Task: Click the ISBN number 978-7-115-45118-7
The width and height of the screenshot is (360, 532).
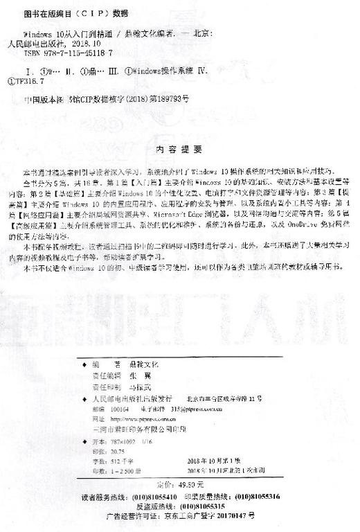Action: pyautogui.click(x=68, y=52)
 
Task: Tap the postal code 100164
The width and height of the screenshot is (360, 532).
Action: pyautogui.click(x=101, y=409)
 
